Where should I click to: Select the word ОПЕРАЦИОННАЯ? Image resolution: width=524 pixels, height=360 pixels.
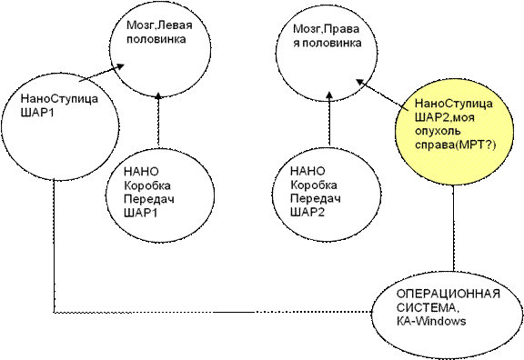pos(448,295)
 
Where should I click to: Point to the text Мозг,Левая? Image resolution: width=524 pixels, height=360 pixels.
pos(159,25)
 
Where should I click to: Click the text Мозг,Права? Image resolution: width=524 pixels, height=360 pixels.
pos(327,29)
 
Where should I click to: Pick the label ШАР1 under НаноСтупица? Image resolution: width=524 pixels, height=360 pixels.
pos(37,113)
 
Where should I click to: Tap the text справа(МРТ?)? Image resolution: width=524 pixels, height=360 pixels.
pos(456,145)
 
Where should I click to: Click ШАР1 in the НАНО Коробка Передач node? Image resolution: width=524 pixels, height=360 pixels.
pos(140,213)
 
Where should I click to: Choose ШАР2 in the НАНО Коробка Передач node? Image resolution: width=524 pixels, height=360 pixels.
pos(307,213)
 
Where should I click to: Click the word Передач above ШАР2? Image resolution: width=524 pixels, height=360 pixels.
pos(316,199)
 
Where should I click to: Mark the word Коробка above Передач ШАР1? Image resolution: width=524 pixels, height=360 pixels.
pos(147,185)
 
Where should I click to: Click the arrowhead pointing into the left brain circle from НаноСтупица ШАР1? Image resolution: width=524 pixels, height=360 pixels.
pos(120,65)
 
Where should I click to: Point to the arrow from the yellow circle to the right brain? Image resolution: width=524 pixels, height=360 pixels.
pos(382,95)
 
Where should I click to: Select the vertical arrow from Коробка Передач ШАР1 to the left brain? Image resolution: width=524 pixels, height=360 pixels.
pos(158,120)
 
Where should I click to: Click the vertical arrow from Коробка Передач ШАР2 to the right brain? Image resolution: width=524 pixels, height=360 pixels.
pos(329,118)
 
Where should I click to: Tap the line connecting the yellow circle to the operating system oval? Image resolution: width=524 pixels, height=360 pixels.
pos(453,228)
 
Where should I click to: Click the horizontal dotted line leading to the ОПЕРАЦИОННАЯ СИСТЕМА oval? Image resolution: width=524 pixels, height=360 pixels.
pos(213,312)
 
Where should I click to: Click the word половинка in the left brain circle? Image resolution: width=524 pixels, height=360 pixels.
pos(156,39)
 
